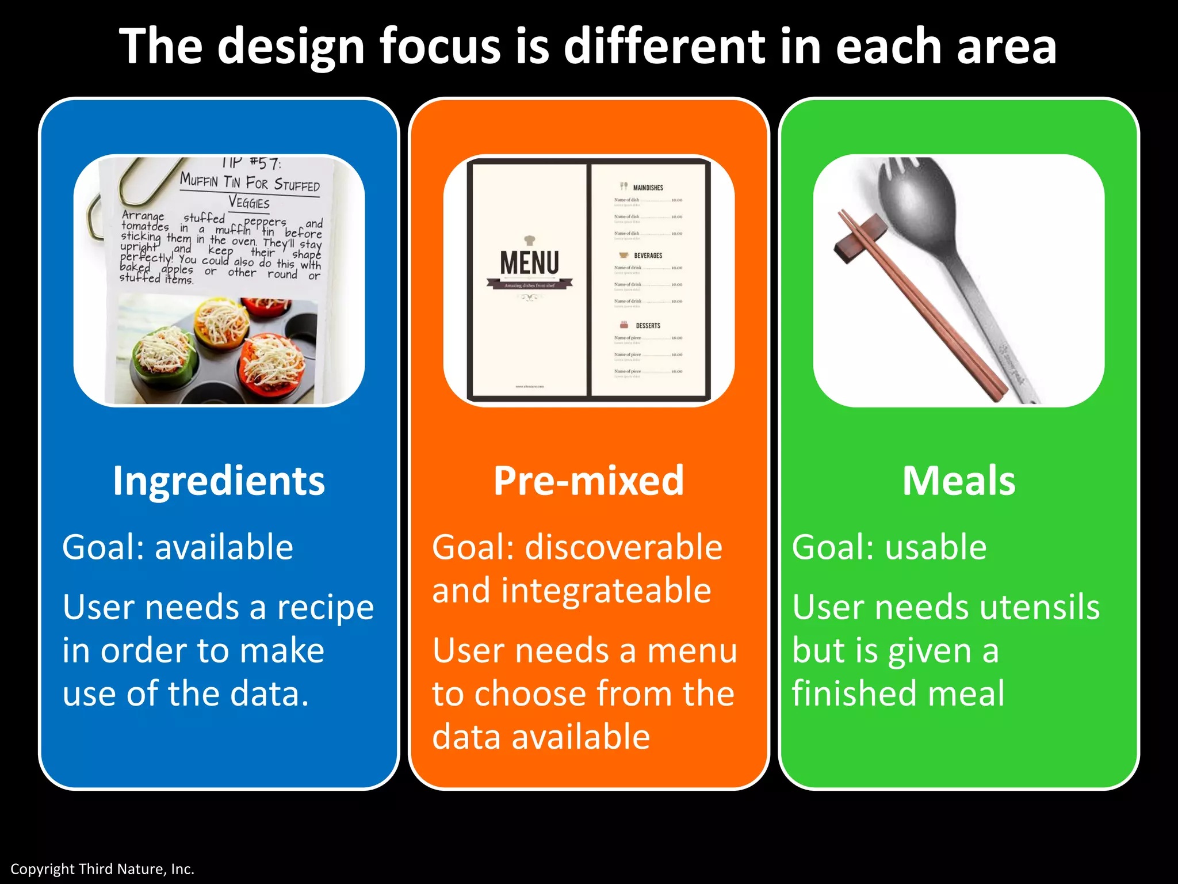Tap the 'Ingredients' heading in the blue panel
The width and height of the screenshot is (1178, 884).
[219, 481]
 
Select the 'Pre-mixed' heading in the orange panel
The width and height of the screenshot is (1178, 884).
[588, 481]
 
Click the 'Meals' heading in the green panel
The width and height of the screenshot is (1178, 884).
[958, 481]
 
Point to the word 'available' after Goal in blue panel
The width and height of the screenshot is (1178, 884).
[224, 547]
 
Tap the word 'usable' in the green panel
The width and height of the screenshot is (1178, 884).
[936, 547]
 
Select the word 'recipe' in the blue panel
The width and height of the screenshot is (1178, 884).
[325, 608]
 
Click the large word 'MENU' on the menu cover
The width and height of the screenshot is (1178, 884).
[529, 263]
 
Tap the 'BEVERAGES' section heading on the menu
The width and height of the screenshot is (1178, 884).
[648, 256]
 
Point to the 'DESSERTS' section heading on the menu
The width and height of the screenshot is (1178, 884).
[648, 326]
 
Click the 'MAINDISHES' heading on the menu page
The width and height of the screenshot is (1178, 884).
[648, 188]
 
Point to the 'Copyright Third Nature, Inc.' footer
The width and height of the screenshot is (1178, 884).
[102, 869]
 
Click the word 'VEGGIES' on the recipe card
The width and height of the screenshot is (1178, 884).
[248, 202]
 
